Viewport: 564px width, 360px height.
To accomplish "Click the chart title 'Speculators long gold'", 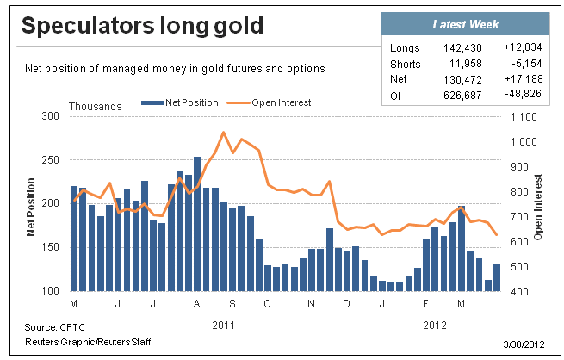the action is [x=142, y=26].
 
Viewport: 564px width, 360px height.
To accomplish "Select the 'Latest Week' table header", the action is [x=466, y=24].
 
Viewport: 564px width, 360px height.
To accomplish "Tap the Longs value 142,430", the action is [x=462, y=48].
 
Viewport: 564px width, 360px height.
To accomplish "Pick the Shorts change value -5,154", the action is [x=527, y=64].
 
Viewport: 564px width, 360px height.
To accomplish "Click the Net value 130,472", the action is [x=462, y=79].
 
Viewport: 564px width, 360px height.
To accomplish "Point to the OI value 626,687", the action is [x=462, y=96].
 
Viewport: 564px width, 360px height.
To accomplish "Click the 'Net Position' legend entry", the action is [x=180, y=102].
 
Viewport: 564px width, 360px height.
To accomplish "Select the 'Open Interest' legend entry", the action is [x=269, y=102].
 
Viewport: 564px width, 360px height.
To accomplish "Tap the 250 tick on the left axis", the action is [x=50, y=160].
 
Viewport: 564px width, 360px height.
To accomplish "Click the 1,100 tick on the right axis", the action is [x=524, y=117].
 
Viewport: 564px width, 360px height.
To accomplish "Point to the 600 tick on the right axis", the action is [x=519, y=242].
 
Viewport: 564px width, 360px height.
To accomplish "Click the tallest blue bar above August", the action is [x=197, y=224].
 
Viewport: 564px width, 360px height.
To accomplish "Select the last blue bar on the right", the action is [x=497, y=277].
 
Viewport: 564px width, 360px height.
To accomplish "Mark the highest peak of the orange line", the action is [x=223, y=133].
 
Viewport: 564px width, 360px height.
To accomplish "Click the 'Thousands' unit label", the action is [x=96, y=107].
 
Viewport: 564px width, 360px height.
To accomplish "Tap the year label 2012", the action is [x=435, y=326].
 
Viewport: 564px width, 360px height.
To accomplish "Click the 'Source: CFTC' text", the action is [x=54, y=327].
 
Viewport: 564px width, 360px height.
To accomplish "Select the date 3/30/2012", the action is [x=524, y=344].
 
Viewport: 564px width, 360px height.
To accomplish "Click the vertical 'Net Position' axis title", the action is [x=31, y=208].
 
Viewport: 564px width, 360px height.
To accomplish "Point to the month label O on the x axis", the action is [x=267, y=304].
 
